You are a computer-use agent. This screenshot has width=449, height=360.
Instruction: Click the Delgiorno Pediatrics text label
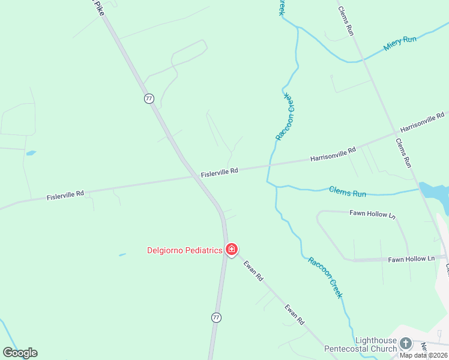(x=185, y=250)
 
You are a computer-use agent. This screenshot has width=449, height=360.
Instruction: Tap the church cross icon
(x=406, y=344)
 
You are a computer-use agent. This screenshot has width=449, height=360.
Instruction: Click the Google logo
(x=20, y=353)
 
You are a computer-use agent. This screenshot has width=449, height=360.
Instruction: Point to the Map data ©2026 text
(x=423, y=355)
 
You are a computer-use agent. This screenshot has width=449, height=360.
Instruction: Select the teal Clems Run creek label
(x=348, y=193)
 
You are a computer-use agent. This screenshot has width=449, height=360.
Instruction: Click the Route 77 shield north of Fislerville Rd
(x=149, y=98)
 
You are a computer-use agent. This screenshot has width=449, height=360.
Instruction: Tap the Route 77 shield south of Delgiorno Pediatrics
(x=216, y=317)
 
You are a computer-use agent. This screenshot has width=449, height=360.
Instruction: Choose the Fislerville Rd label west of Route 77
(x=65, y=196)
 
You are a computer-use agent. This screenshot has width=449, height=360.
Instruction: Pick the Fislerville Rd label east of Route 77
(x=220, y=172)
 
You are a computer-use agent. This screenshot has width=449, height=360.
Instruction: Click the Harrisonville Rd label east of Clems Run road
(x=421, y=122)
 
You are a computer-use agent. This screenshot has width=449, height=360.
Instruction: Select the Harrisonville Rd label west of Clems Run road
(x=333, y=154)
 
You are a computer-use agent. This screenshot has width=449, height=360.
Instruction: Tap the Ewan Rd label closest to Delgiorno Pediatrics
(x=253, y=271)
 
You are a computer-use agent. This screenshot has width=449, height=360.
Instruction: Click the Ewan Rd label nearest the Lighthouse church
(x=295, y=314)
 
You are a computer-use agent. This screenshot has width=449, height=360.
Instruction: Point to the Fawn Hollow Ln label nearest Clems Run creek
(x=373, y=214)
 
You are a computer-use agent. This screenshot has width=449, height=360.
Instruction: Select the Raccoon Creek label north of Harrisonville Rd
(x=286, y=116)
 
